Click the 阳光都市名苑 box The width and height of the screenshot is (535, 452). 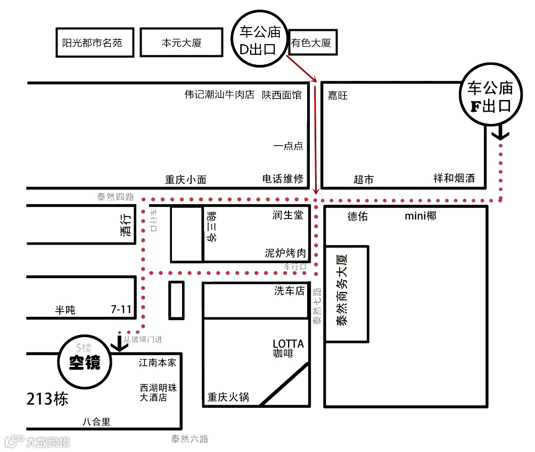coord(92,43)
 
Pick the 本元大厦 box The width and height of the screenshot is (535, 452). coord(181,43)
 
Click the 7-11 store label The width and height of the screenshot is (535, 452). coord(120,309)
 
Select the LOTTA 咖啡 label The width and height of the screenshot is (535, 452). coord(288,348)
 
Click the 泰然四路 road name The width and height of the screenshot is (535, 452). coord(114,197)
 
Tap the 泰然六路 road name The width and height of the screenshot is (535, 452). coord(190,439)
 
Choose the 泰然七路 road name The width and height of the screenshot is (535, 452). coord(317,306)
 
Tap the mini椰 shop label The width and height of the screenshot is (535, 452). coord(420,216)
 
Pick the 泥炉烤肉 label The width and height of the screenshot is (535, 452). coord(286,253)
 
